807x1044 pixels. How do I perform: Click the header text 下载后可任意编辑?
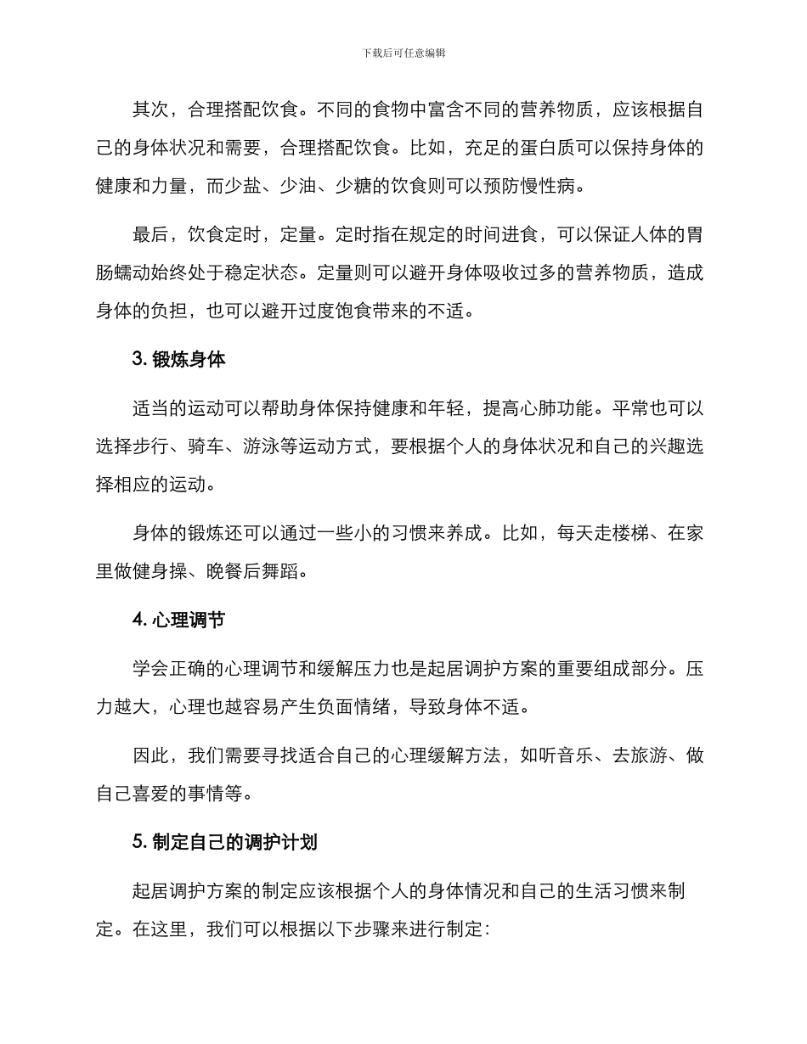(403, 53)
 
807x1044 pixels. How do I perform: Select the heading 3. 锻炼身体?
(178, 359)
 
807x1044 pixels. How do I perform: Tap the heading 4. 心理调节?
(178, 620)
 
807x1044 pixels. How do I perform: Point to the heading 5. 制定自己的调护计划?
(225, 842)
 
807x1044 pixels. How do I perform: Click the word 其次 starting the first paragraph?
(150, 111)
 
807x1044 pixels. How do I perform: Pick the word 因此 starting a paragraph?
(150, 755)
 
